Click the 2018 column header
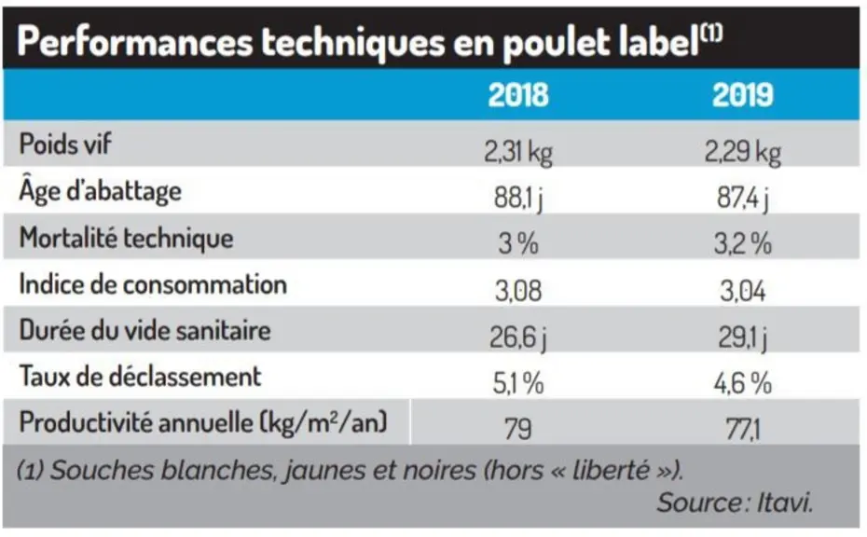pyautogui.click(x=518, y=94)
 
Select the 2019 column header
pyautogui.click(x=742, y=94)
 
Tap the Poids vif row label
pyautogui.click(x=65, y=144)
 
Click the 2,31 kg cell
pyautogui.click(x=518, y=152)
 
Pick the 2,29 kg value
pyautogui.click(x=743, y=152)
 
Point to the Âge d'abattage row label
pyautogui.click(x=100, y=191)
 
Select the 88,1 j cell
pyautogui.click(x=518, y=199)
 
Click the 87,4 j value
pyautogui.click(x=743, y=199)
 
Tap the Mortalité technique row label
pyautogui.click(x=126, y=239)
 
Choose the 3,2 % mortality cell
pyautogui.click(x=743, y=244)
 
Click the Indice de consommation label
pyautogui.click(x=153, y=284)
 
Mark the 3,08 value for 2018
pyautogui.click(x=518, y=291)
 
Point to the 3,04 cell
pyautogui.click(x=743, y=291)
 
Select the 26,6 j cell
pyautogui.click(x=518, y=337)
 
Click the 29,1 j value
pyautogui.click(x=743, y=337)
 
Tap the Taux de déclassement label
pyautogui.click(x=140, y=377)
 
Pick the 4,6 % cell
pyautogui.click(x=743, y=383)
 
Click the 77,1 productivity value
pyautogui.click(x=743, y=429)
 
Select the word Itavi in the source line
pyautogui.click(x=785, y=503)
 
